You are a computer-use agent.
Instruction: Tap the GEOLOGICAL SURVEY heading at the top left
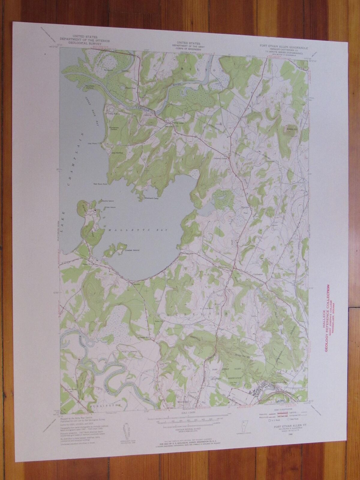pos(85,43)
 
